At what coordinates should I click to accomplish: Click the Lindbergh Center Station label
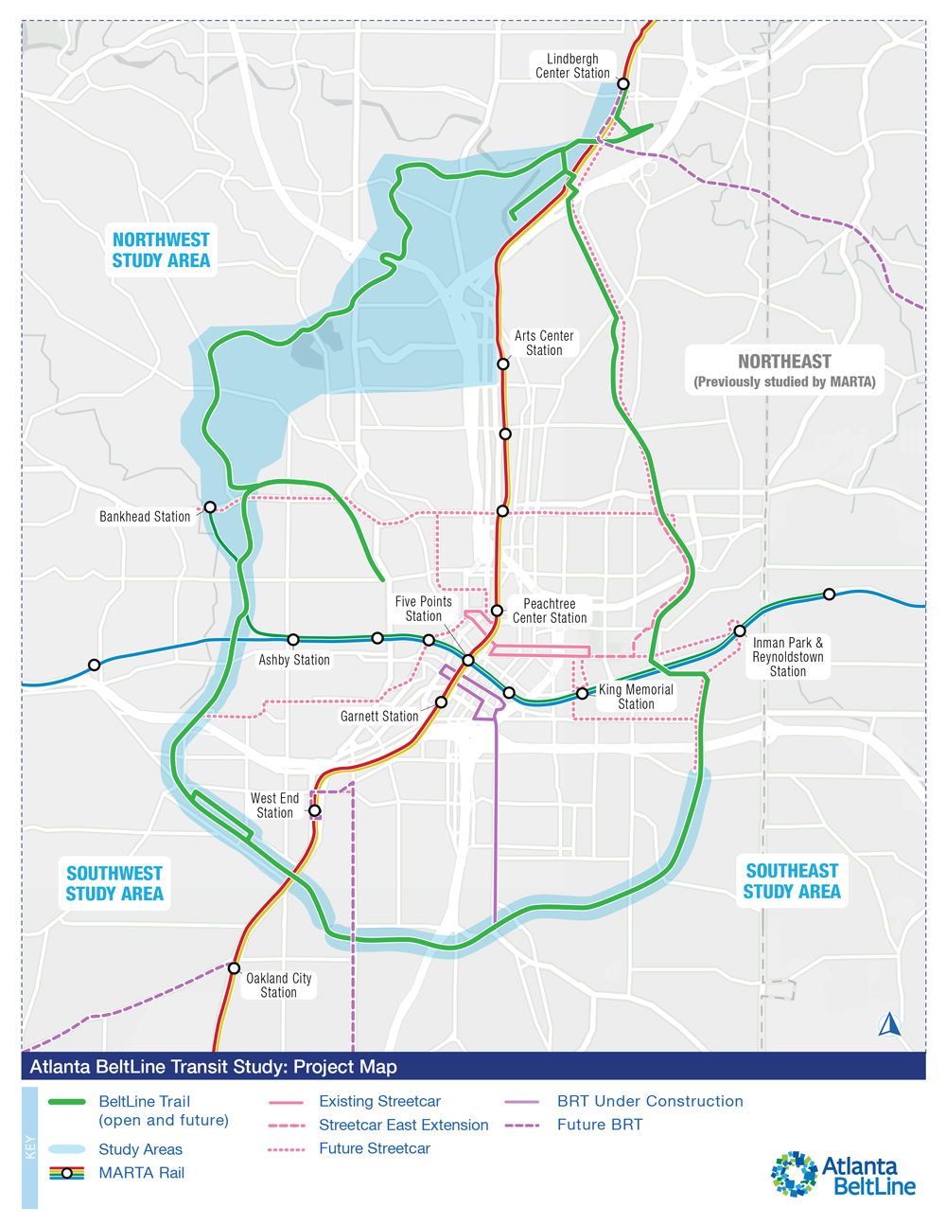[x=572, y=66]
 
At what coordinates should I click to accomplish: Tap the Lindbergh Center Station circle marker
[x=623, y=84]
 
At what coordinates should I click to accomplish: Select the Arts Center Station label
[x=544, y=343]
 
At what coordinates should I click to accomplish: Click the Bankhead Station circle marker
[x=210, y=507]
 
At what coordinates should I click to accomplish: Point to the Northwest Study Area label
[x=161, y=250]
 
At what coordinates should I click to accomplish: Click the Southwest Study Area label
[x=114, y=883]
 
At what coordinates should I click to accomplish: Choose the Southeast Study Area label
[x=792, y=881]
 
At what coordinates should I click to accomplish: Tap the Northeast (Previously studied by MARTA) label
[x=784, y=370]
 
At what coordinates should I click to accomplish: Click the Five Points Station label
[x=424, y=609]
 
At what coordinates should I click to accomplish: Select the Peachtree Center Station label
[x=550, y=611]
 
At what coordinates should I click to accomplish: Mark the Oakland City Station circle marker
[x=234, y=968]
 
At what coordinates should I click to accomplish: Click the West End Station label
[x=274, y=806]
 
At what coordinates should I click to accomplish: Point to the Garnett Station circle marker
[x=441, y=702]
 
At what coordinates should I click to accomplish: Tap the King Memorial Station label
[x=636, y=697]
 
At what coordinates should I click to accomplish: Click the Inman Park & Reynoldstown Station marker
[x=740, y=630]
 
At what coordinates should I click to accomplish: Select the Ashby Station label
[x=294, y=660]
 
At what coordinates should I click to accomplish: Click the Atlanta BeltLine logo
[x=843, y=1174]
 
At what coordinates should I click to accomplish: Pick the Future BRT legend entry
[x=599, y=1125]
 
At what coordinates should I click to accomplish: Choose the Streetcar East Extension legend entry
[x=403, y=1125]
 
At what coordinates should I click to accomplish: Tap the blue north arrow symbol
[x=888, y=1024]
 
